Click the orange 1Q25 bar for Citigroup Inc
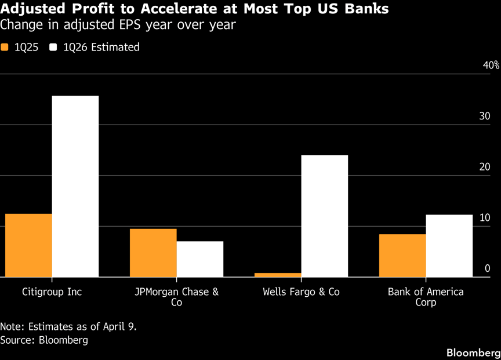28,245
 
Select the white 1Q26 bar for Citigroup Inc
75,186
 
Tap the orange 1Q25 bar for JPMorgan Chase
153,253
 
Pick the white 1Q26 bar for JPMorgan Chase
200,259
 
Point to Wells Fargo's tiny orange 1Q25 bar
278,275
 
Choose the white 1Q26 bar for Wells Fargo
325,216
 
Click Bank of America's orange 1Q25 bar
402,256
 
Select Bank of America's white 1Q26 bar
449,246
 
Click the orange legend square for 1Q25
5,48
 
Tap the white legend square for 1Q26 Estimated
54,48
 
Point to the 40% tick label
491,65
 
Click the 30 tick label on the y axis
485,116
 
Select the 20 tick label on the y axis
485,167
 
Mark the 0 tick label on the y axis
488,268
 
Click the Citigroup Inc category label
52,292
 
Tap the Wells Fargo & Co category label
301,292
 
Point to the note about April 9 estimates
68,326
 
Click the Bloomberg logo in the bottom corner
473,352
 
